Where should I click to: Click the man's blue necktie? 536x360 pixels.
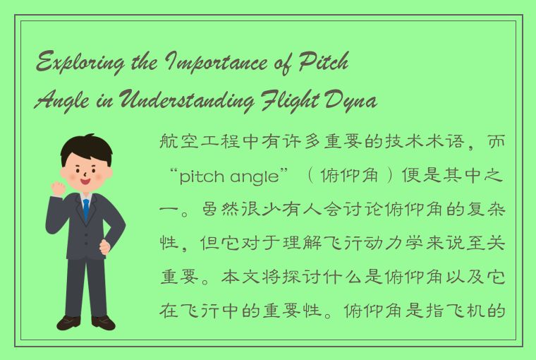(x=86, y=209)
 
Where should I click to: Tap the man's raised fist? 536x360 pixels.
(x=57, y=188)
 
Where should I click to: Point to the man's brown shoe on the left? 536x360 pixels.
(x=69, y=323)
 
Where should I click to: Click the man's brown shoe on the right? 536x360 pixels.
(x=103, y=323)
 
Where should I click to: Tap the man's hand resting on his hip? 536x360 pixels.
(x=105, y=247)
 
